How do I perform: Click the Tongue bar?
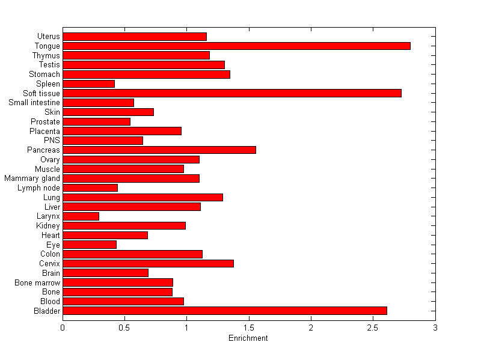pyautogui.click(x=236, y=46)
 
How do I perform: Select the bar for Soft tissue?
pyautogui.click(x=232, y=93)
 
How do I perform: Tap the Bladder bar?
pyautogui.click(x=225, y=311)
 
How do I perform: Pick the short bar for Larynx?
pyautogui.click(x=81, y=216)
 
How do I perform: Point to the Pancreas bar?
pyautogui.click(x=159, y=150)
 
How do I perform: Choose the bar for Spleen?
pyautogui.click(x=88, y=84)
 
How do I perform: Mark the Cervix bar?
pyautogui.click(x=148, y=263)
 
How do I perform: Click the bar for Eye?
pyautogui.click(x=90, y=245)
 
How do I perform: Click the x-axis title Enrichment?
pyautogui.click(x=248, y=338)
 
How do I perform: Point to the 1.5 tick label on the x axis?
pyautogui.click(x=248, y=328)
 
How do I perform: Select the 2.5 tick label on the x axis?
pyautogui.click(x=373, y=328)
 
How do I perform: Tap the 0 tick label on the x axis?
pyautogui.click(x=63, y=328)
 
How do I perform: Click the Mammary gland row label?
pyautogui.click(x=32, y=178)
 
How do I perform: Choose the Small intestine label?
pyautogui.click(x=34, y=103)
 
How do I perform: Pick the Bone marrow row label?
pyautogui.click(x=37, y=282)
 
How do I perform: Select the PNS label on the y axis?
pyautogui.click(x=52, y=141)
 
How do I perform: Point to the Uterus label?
pyautogui.click(x=48, y=37)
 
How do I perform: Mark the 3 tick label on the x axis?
pyautogui.click(x=435, y=328)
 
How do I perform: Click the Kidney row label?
pyautogui.click(x=48, y=226)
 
